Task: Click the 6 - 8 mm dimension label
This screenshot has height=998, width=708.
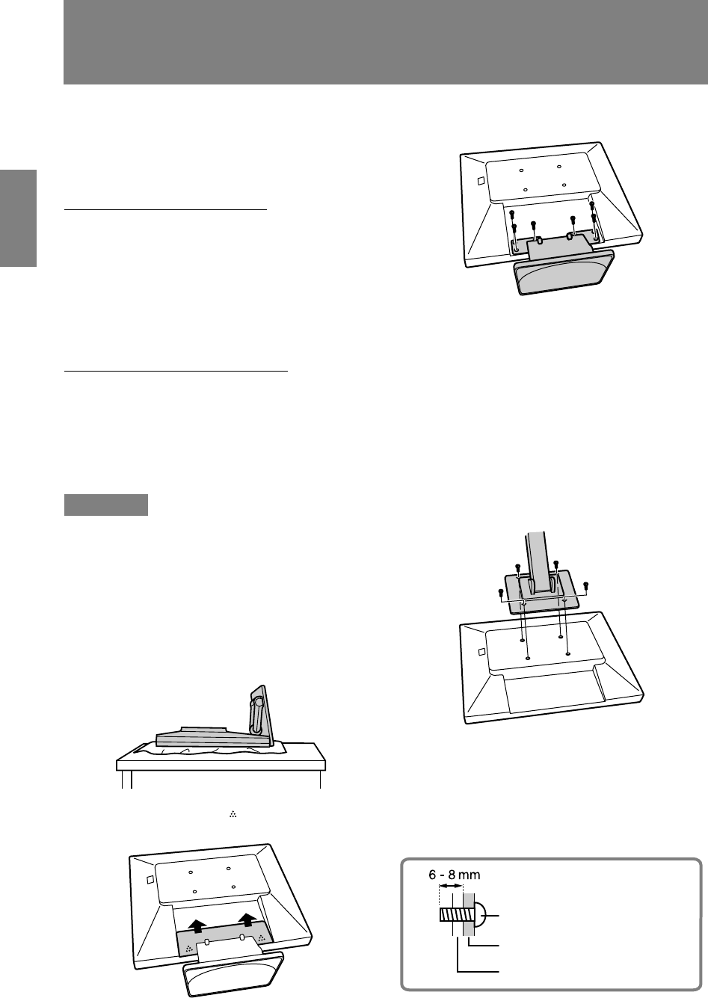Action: click(x=455, y=875)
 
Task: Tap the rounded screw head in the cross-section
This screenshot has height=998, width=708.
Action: click(x=479, y=916)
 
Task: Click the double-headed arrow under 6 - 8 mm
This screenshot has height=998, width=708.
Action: click(x=452, y=886)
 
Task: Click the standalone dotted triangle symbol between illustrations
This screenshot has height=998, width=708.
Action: click(x=233, y=814)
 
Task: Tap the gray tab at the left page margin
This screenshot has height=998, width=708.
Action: click(x=18, y=218)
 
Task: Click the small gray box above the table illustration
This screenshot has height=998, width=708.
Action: click(x=106, y=505)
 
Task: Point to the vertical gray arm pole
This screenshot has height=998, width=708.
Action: click(x=537, y=561)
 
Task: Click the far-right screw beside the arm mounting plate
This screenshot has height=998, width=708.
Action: click(x=586, y=585)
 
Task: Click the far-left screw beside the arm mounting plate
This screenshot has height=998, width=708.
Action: click(x=500, y=593)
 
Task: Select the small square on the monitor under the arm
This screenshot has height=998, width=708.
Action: click(x=481, y=652)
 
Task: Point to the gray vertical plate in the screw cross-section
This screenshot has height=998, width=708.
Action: click(x=469, y=915)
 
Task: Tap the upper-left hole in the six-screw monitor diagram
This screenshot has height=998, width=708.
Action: click(x=521, y=170)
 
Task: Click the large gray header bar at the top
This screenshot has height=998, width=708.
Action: click(x=386, y=42)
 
